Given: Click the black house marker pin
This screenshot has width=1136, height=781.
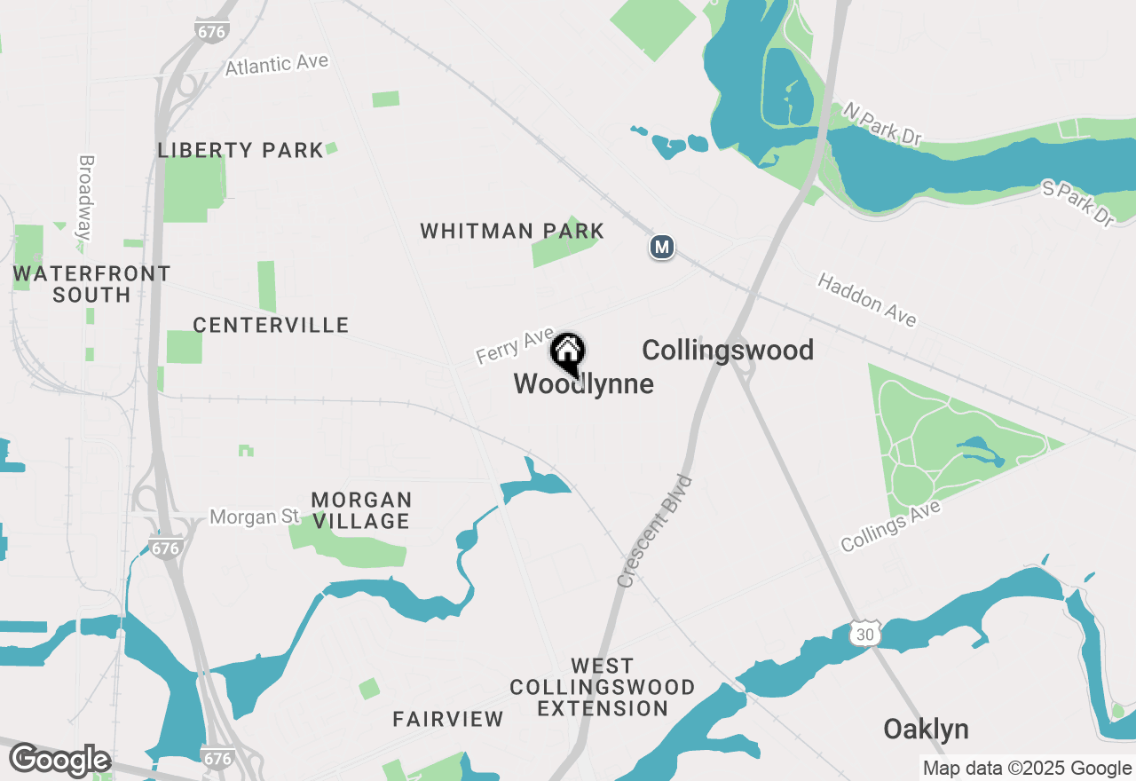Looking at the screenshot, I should click(567, 353).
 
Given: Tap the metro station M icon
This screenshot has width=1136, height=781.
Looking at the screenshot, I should click(661, 247).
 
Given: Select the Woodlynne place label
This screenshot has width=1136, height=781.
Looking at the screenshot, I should click(584, 384).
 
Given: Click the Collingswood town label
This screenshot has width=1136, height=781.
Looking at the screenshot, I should click(728, 351).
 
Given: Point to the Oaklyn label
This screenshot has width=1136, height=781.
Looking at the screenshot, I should click(926, 730).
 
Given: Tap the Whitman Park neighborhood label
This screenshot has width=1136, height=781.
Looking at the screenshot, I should click(512, 232).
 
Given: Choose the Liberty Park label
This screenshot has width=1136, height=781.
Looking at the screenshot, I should click(241, 151).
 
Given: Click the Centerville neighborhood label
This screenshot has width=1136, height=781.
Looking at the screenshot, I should click(271, 326).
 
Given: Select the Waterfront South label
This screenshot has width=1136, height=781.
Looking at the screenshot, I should click(91, 284).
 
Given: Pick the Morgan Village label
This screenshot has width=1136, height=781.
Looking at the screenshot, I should click(361, 510).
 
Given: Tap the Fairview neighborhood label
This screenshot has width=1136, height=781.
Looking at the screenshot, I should click(448, 719).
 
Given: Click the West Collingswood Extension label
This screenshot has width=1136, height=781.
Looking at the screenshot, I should click(603, 687).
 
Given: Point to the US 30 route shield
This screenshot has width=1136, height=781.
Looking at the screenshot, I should click(864, 633).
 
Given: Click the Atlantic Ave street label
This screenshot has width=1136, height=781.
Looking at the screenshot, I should click(277, 65).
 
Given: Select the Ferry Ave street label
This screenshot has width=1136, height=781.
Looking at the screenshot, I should click(515, 344).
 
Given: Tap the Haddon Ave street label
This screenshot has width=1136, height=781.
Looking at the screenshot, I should click(867, 300).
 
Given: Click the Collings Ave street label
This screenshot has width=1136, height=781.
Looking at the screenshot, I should click(890, 525).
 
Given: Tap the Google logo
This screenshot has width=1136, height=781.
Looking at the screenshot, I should click(59, 761).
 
